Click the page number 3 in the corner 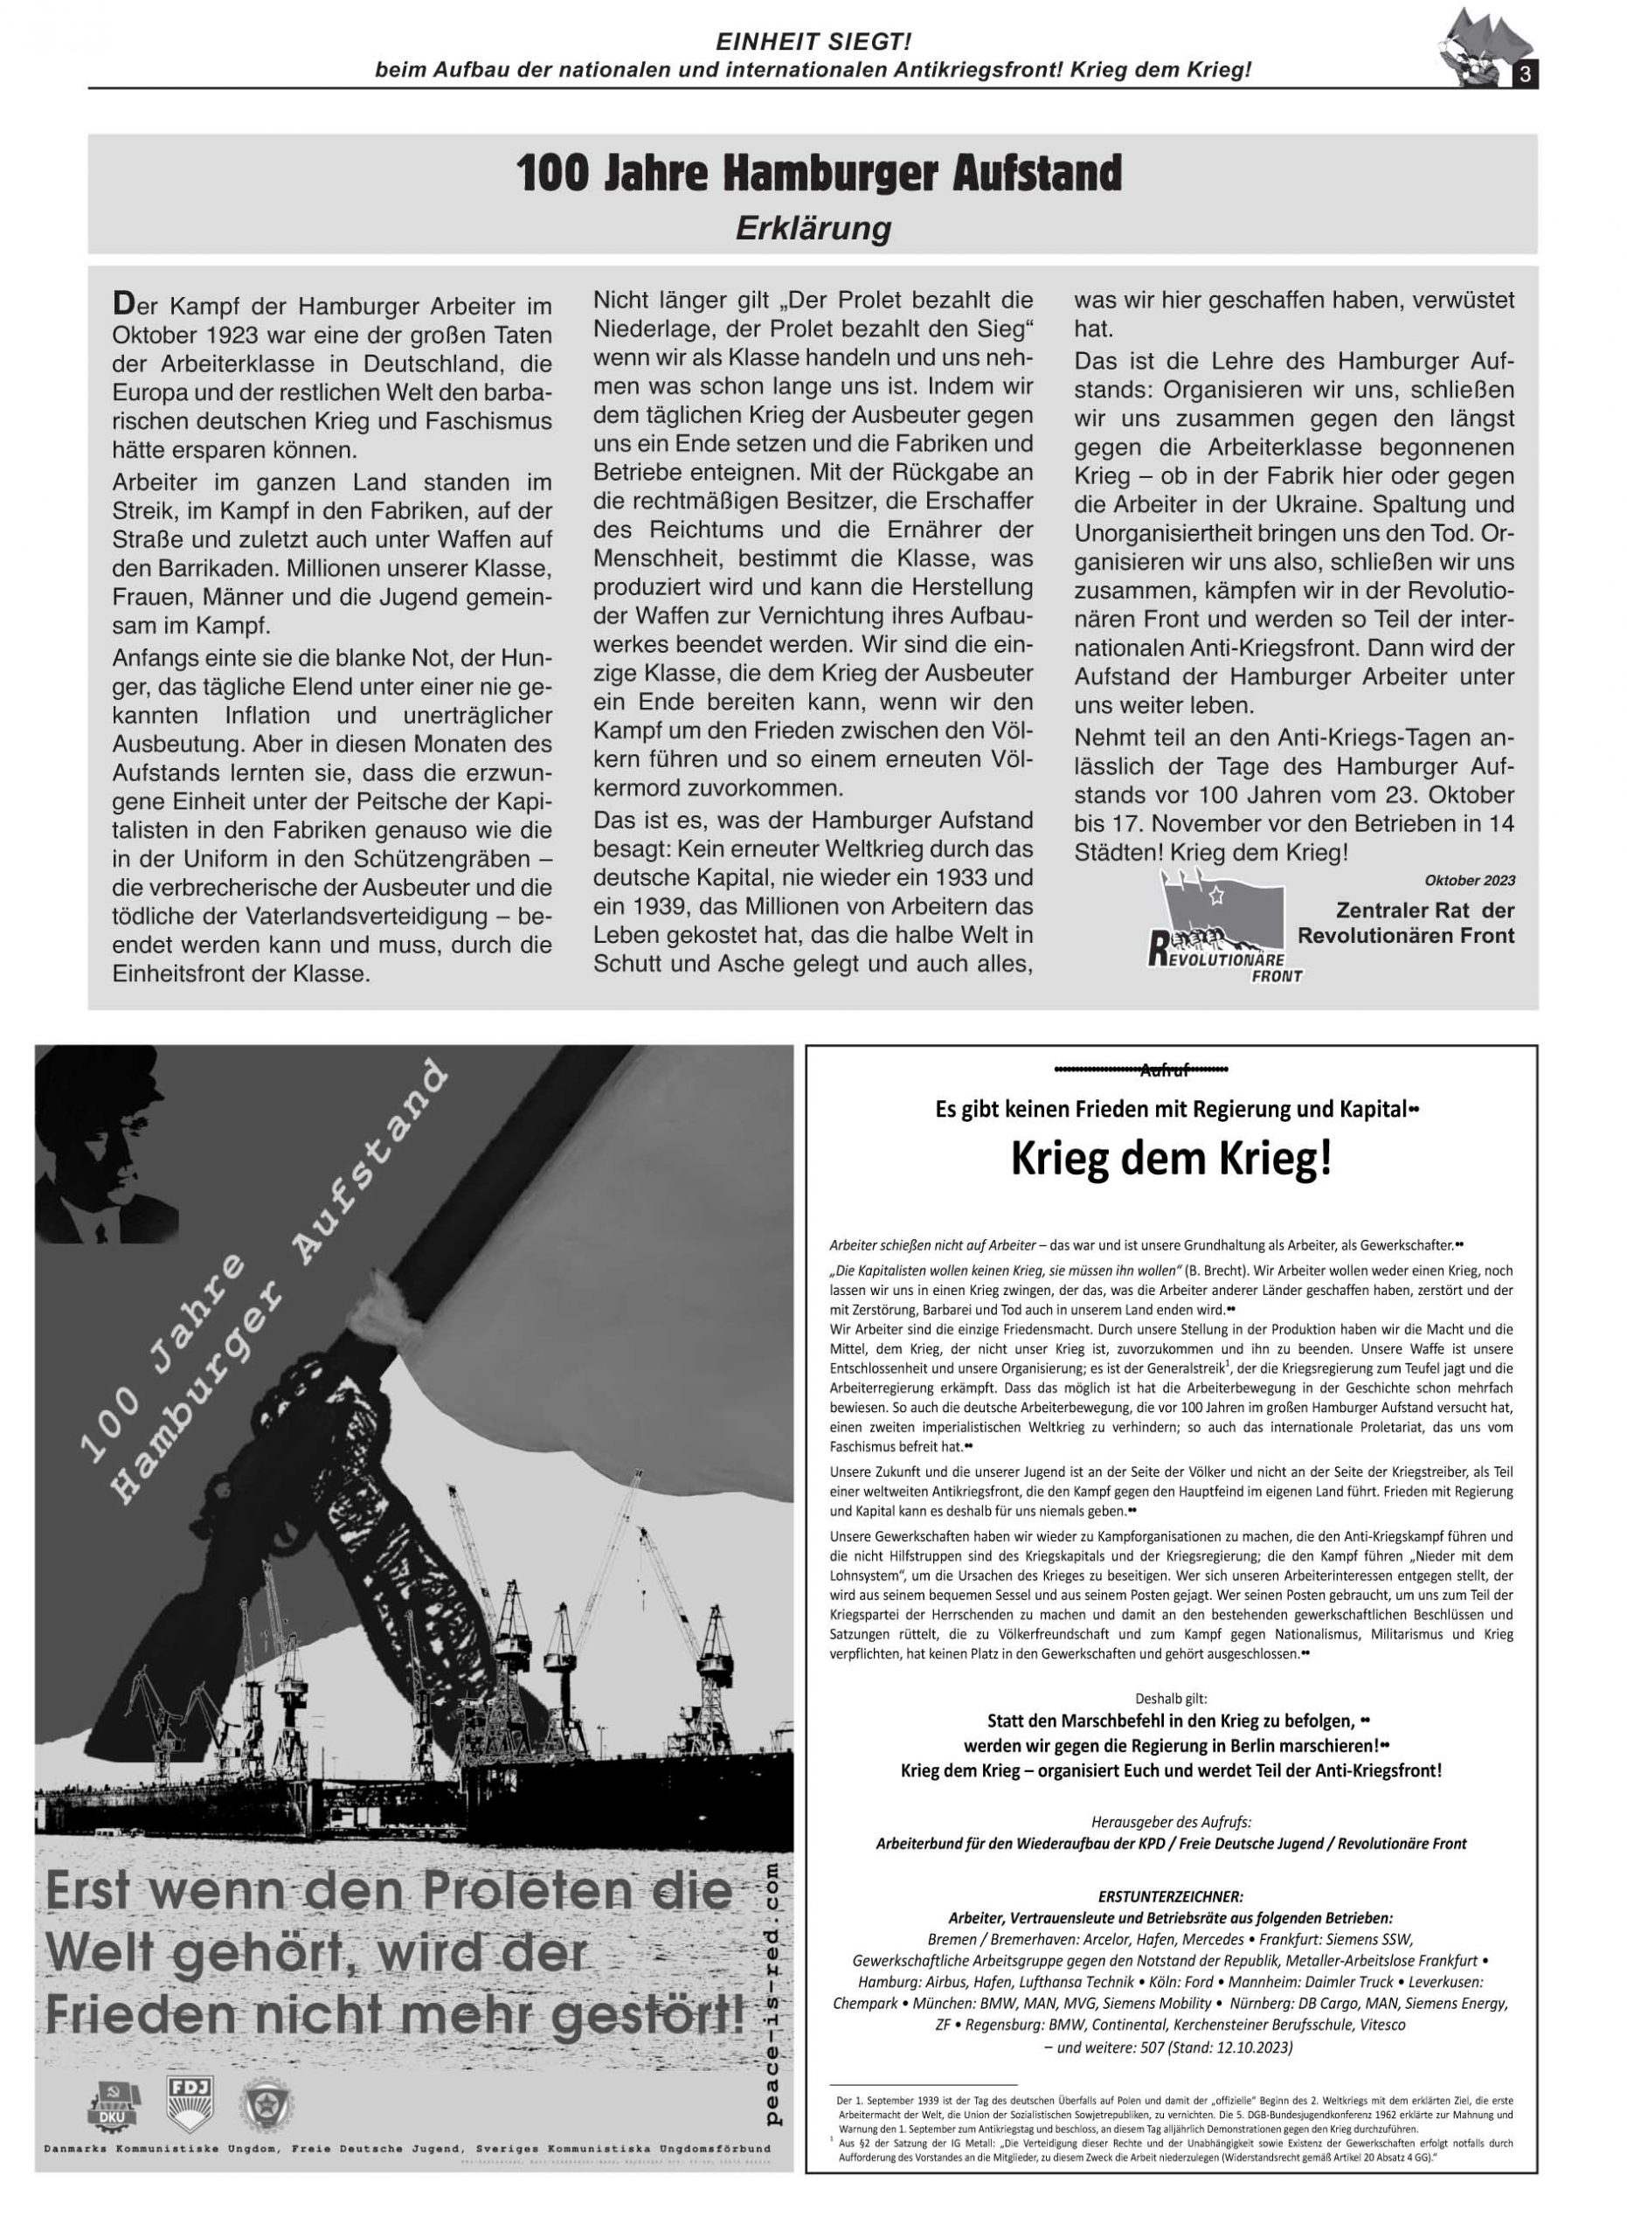[1525, 76]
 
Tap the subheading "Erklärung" [813, 229]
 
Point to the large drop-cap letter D [123, 301]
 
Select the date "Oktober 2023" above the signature [1469, 880]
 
